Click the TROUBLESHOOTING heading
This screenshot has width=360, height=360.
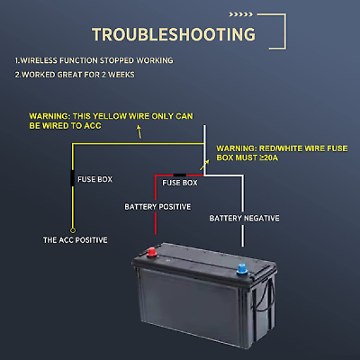173,35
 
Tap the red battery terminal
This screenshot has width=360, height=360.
152,252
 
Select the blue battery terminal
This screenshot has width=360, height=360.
242,269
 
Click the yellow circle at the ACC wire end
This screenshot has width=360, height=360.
73,230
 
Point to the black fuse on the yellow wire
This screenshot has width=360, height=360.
72,178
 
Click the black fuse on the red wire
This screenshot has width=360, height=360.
179,175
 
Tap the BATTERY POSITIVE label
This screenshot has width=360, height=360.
158,207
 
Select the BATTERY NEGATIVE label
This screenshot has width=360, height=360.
244,218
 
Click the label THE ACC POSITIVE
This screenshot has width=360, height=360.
75,240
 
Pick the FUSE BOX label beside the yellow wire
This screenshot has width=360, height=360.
95,179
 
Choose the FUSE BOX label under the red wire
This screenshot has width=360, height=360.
180,183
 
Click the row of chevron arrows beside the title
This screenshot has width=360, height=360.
241,14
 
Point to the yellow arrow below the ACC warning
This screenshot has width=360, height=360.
139,132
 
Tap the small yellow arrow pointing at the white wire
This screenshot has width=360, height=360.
204,165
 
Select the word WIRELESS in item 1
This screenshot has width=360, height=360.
39,60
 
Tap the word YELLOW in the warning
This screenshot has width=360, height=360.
110,116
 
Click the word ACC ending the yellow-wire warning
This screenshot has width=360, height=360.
92,126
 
